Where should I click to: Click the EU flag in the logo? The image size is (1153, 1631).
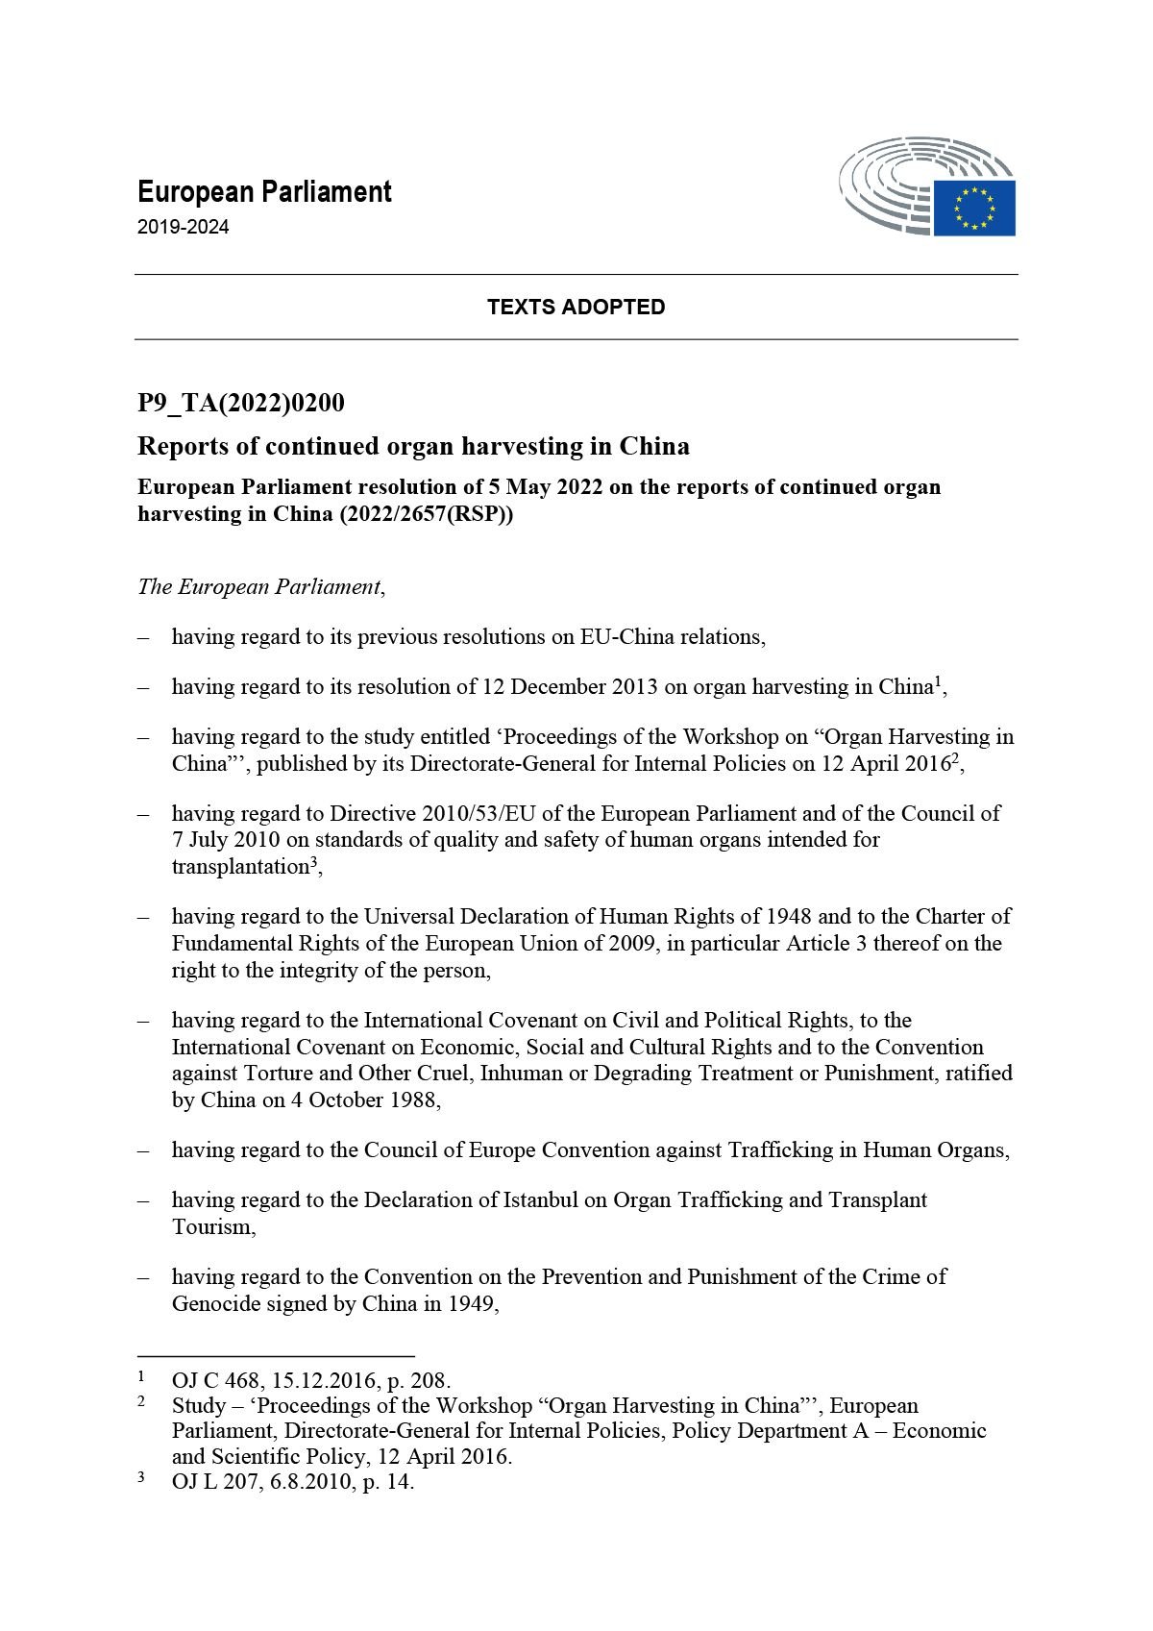click(x=974, y=208)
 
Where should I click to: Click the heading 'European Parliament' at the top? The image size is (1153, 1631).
click(x=264, y=191)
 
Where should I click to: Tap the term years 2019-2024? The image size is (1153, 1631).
click(x=184, y=228)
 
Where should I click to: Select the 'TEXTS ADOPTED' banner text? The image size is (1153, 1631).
click(x=576, y=307)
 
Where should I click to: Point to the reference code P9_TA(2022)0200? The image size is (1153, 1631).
click(x=240, y=403)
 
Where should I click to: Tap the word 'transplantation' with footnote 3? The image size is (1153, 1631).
click(x=240, y=867)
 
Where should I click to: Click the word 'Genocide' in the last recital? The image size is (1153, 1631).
click(x=212, y=1304)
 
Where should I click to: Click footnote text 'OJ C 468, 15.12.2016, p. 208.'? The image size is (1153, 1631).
click(x=310, y=1381)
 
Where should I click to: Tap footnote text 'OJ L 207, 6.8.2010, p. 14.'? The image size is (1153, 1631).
click(x=293, y=1481)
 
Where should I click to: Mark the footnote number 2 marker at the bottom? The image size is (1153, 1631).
click(x=141, y=1402)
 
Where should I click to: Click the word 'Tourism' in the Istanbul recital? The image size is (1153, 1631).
click(x=211, y=1227)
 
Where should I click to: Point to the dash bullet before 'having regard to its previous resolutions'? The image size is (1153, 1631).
click(x=143, y=636)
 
